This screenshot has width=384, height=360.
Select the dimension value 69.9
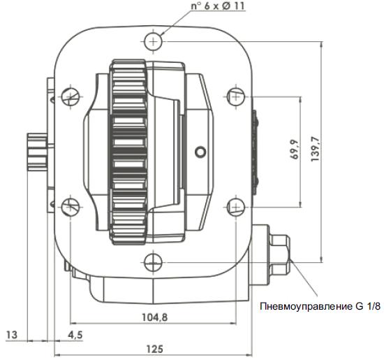pos(295,150)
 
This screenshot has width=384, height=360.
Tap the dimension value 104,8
pos(154,315)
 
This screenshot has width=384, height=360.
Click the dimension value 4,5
pos(75,335)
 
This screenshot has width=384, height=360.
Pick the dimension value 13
pos(11,335)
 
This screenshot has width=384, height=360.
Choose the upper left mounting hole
pos(70,94)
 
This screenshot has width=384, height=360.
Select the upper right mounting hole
pos(236,94)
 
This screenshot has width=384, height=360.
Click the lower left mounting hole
pos(70,207)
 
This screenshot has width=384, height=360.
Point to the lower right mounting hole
pos(236,207)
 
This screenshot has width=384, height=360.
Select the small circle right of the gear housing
pos(202,150)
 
